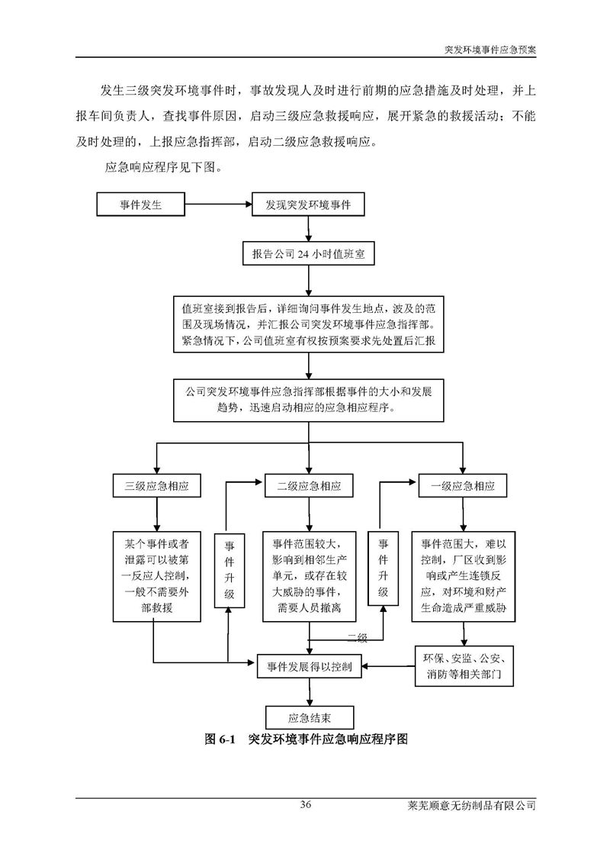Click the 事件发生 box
click(x=140, y=204)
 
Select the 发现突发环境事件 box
click(x=307, y=204)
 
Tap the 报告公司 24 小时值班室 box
click(x=308, y=255)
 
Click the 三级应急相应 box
click(x=156, y=486)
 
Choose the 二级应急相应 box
click(x=308, y=486)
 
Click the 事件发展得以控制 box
click(x=309, y=666)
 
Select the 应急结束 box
click(x=309, y=716)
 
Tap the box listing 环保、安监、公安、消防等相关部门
click(x=464, y=666)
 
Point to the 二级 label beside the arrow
click(x=358, y=638)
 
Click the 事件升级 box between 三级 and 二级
click(x=229, y=569)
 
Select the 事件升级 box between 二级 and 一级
click(x=384, y=569)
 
